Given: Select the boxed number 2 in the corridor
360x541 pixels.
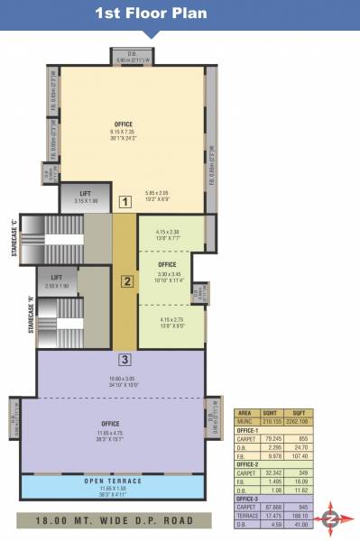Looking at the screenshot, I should tap(127, 280).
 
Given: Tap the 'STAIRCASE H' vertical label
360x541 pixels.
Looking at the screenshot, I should tap(31, 315).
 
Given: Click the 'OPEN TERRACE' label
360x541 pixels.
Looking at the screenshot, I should tap(113, 480).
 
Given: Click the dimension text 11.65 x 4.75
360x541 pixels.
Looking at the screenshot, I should tap(111, 432).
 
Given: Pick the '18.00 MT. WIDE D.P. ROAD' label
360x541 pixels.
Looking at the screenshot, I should tap(113, 519).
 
